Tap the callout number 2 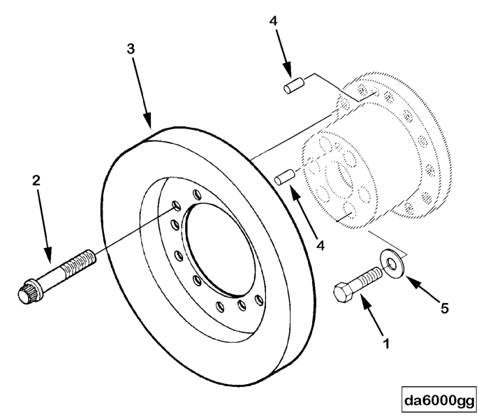pyautogui.click(x=37, y=180)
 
